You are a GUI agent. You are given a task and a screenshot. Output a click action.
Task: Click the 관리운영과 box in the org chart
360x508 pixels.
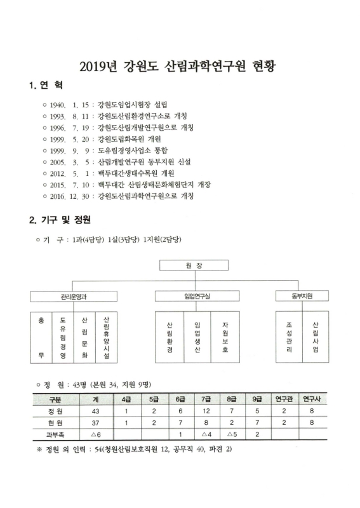click(74, 296)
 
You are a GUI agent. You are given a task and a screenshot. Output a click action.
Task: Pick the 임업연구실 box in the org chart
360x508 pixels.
click(193, 296)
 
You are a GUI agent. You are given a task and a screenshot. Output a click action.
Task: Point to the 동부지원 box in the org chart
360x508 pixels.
click(302, 296)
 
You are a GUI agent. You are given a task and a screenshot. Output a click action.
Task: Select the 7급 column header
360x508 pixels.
click(206, 399)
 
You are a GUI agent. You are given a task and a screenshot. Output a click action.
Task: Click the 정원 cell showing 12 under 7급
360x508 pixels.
click(206, 411)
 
